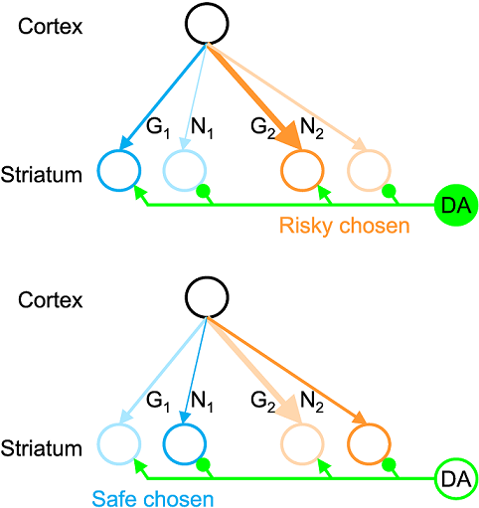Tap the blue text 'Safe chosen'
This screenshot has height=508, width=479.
pos(139,494)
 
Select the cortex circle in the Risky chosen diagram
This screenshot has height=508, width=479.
pos(205,22)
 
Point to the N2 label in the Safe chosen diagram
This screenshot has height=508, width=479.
pos(311,403)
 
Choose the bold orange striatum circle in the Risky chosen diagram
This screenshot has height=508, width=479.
pos(301,171)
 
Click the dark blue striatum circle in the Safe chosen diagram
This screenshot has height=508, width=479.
pos(185,444)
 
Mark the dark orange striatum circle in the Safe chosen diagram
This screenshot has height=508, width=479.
pos(369,444)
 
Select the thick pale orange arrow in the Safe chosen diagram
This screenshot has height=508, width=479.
pos(252,368)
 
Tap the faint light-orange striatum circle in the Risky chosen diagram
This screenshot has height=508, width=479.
pos(369,171)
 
